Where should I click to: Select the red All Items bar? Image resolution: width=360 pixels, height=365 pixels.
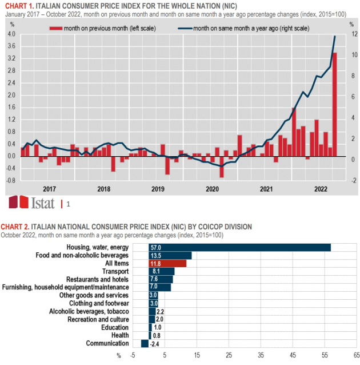click(167, 263)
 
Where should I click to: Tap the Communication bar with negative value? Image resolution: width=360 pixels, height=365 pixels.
click(145, 343)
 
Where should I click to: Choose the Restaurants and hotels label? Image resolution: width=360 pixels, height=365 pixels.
click(98, 279)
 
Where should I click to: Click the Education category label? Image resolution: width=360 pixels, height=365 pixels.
click(115, 327)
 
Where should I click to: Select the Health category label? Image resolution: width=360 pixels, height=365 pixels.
click(120, 335)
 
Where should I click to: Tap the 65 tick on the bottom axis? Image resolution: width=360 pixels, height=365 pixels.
click(357, 355)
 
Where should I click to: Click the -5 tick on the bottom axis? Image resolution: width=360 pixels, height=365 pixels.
click(133, 355)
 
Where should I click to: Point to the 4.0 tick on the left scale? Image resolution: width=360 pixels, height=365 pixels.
click(11, 34)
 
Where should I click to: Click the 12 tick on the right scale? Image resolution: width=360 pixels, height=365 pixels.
click(354, 34)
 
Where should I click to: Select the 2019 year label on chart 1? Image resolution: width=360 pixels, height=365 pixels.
click(157, 189)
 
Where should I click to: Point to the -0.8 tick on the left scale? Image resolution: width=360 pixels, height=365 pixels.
click(10, 180)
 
